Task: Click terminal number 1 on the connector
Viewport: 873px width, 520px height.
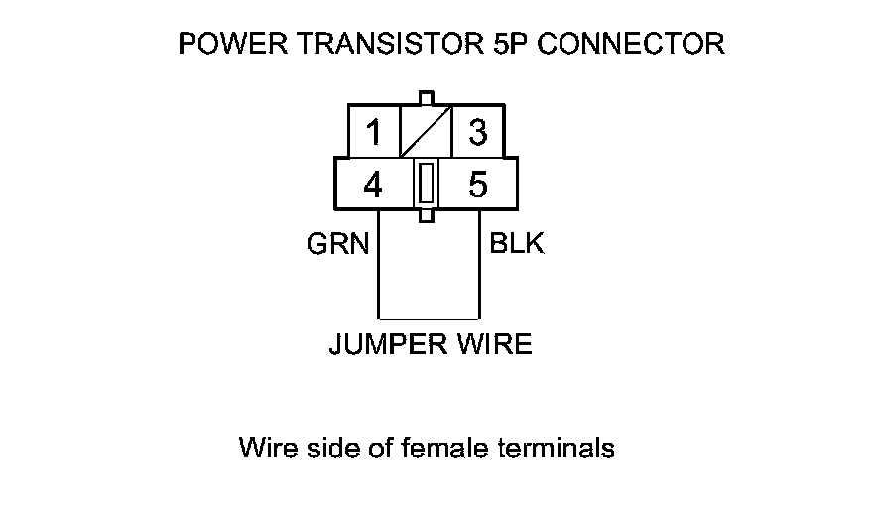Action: [373, 132]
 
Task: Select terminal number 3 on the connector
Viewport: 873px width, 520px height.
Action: [477, 132]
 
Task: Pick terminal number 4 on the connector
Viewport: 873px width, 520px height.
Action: [373, 186]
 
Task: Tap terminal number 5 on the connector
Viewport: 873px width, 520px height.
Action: [477, 186]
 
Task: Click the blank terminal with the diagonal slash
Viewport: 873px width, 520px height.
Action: [426, 132]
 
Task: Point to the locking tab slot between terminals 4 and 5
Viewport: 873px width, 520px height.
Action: [426, 185]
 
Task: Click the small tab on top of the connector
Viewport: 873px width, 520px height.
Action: [426, 98]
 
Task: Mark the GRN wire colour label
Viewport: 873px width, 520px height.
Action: [337, 245]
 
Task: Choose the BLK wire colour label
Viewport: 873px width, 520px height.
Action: [517, 244]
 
